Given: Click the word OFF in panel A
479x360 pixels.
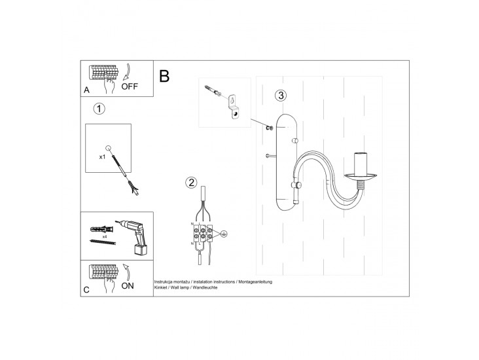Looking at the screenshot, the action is (x=130, y=86).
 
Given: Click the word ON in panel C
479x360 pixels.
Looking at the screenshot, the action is (x=128, y=286).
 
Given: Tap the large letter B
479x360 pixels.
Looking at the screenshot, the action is (x=164, y=76).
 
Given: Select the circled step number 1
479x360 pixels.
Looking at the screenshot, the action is (x=99, y=109).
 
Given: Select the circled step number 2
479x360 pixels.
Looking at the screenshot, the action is (x=191, y=183).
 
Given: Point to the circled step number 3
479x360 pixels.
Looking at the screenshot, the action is (x=281, y=96).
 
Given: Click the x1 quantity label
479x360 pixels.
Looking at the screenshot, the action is (x=102, y=157).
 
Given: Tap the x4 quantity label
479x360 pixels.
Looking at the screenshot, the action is (x=105, y=236).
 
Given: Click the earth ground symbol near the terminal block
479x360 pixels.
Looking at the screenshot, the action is (x=224, y=234).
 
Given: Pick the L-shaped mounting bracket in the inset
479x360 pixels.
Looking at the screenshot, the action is (x=234, y=107).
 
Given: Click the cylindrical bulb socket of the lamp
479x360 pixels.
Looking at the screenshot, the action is (x=361, y=163).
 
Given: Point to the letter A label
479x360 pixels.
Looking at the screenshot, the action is (x=87, y=90).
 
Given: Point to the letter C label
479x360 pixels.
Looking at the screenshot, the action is (x=86, y=290).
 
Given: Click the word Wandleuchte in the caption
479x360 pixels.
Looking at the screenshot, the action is (x=205, y=287).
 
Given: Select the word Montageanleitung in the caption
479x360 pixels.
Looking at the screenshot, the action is (x=255, y=281).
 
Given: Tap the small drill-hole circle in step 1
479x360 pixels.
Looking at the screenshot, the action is (x=108, y=148).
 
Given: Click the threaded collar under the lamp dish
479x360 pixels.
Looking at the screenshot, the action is (x=361, y=185).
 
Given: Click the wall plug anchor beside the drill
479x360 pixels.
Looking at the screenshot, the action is (x=101, y=229).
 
